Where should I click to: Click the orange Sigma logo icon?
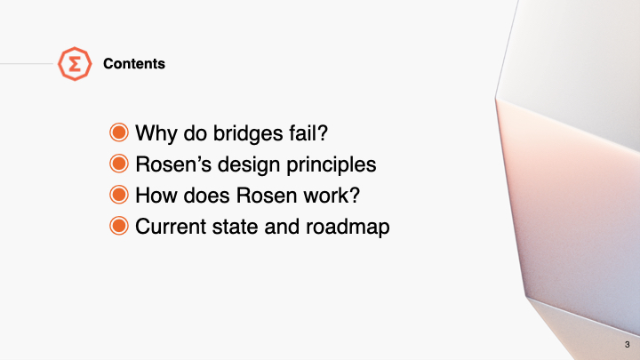pyautogui.click(x=75, y=64)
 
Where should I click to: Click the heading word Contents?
pyautogui.click(x=134, y=64)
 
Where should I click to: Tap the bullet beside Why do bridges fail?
pyautogui.click(x=119, y=132)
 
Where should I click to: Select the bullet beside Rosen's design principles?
pyautogui.click(x=119, y=164)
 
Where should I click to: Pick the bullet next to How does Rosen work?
pyautogui.click(x=119, y=195)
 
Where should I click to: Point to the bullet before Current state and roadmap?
pyautogui.click(x=119, y=226)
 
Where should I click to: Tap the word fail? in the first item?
pyautogui.click(x=308, y=132)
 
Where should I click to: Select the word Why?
pyautogui.click(x=156, y=133)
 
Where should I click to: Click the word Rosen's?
pyautogui.click(x=173, y=164)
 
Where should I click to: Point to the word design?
pyautogui.click(x=249, y=165)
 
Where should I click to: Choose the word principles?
pyautogui.click(x=331, y=165)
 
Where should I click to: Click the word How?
pyautogui.click(x=156, y=195)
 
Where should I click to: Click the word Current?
pyautogui.click(x=171, y=226)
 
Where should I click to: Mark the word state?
pyautogui.click(x=235, y=227)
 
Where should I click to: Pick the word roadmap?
pyautogui.click(x=348, y=227)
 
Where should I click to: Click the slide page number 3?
pyautogui.click(x=627, y=345)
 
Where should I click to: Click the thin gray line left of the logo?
pyautogui.click(x=27, y=64)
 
